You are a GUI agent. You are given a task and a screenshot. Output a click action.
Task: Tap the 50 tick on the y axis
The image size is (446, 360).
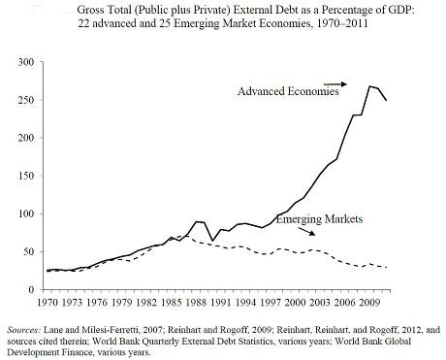pos(28,251)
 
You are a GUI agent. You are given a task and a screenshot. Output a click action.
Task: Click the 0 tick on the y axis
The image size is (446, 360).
pos(31,289)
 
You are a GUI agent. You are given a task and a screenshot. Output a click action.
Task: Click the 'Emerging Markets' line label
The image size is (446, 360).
pos(319,220)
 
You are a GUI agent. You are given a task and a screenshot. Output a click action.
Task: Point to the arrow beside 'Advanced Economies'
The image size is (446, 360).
pos(335,84)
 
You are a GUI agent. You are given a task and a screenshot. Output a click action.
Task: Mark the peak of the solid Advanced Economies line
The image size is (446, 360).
pos(369,86)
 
